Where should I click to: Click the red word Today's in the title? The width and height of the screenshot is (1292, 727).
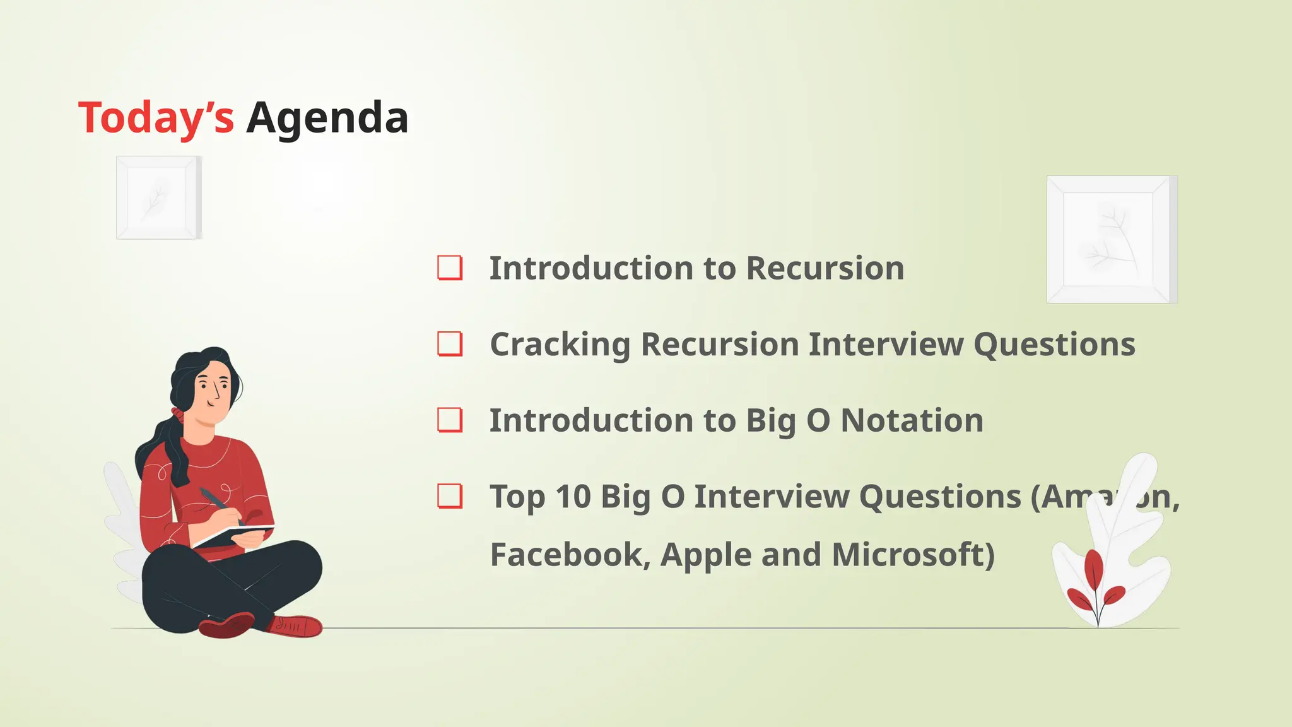(x=156, y=118)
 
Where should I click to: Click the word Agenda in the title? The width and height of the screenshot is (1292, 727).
(x=327, y=118)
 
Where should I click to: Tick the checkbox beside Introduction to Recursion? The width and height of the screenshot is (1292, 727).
(x=450, y=268)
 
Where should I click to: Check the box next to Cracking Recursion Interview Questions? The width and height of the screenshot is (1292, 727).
(x=450, y=344)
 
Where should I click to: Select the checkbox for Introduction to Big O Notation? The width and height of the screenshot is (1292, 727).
(x=450, y=420)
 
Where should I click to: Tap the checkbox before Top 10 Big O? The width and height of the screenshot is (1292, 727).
(x=450, y=496)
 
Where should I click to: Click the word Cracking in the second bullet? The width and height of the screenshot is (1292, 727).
(x=560, y=345)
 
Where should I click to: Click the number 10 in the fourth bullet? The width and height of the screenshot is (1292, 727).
(x=572, y=497)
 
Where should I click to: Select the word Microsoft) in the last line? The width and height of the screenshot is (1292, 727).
(x=913, y=555)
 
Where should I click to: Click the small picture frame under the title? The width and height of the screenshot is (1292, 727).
(x=158, y=198)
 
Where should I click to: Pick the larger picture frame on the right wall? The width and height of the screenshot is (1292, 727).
(x=1111, y=239)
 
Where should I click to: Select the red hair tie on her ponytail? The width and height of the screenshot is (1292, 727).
(x=177, y=414)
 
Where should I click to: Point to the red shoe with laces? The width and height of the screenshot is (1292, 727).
(x=297, y=626)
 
